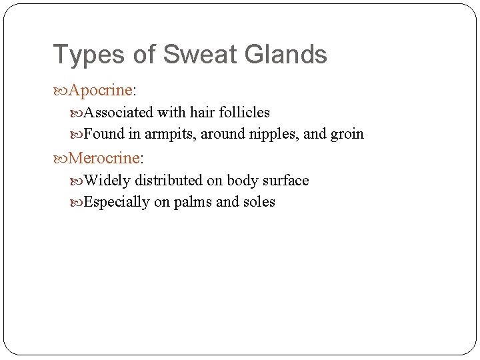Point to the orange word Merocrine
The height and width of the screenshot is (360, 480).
tap(103, 158)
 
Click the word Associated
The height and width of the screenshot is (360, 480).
tap(119, 113)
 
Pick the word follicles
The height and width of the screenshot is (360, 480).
tap(243, 113)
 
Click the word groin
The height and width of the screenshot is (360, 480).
tap(347, 134)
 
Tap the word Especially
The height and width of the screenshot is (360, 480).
tap(117, 202)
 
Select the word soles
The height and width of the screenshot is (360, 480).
tap(259, 202)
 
